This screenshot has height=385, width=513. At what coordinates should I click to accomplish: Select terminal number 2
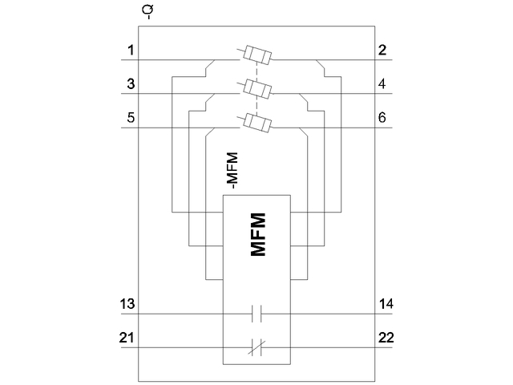tap(382, 51)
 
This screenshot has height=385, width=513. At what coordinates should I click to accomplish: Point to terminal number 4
tap(382, 83)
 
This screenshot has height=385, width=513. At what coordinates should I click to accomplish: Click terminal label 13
tap(127, 304)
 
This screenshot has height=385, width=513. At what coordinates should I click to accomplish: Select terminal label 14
tap(386, 304)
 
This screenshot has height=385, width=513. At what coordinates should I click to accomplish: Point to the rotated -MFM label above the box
tap(232, 170)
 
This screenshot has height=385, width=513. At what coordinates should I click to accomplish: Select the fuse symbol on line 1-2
tap(256, 56)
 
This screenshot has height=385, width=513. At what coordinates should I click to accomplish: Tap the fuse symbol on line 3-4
tap(256, 88)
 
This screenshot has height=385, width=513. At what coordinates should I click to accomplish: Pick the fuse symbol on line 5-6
tap(256, 122)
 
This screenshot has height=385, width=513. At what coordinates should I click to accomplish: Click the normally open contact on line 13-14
tap(256, 314)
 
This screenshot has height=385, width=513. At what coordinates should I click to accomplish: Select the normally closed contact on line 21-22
tap(256, 346)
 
